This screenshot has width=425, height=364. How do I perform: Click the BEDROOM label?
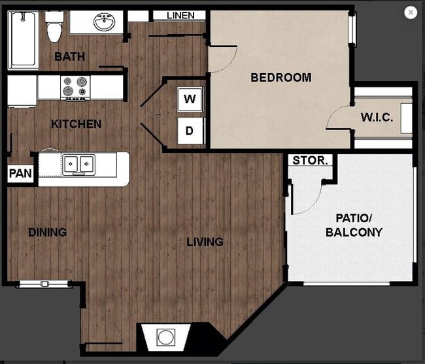[x=280, y=78]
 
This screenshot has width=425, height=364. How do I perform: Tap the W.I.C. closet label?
[x=377, y=118]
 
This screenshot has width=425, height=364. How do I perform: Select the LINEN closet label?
[x=180, y=15]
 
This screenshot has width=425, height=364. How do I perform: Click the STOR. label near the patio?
[x=311, y=160]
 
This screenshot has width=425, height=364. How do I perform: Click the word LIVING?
[x=205, y=242]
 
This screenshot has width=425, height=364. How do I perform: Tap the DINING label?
[x=47, y=232]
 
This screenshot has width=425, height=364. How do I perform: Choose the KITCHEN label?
[x=76, y=124]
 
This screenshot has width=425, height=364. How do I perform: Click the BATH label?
[x=69, y=57]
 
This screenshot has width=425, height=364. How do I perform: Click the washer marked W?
[x=190, y=100]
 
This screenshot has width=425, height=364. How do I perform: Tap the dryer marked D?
[x=190, y=131]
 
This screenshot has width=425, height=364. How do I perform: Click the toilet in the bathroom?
[x=54, y=27]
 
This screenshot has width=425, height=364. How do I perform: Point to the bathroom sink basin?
[x=103, y=23]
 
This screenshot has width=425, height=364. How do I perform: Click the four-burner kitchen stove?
[x=75, y=87]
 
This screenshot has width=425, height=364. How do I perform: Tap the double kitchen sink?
[x=78, y=164]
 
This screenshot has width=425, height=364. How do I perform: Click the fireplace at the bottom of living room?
[x=166, y=338]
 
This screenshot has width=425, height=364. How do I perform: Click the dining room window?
[x=44, y=284]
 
